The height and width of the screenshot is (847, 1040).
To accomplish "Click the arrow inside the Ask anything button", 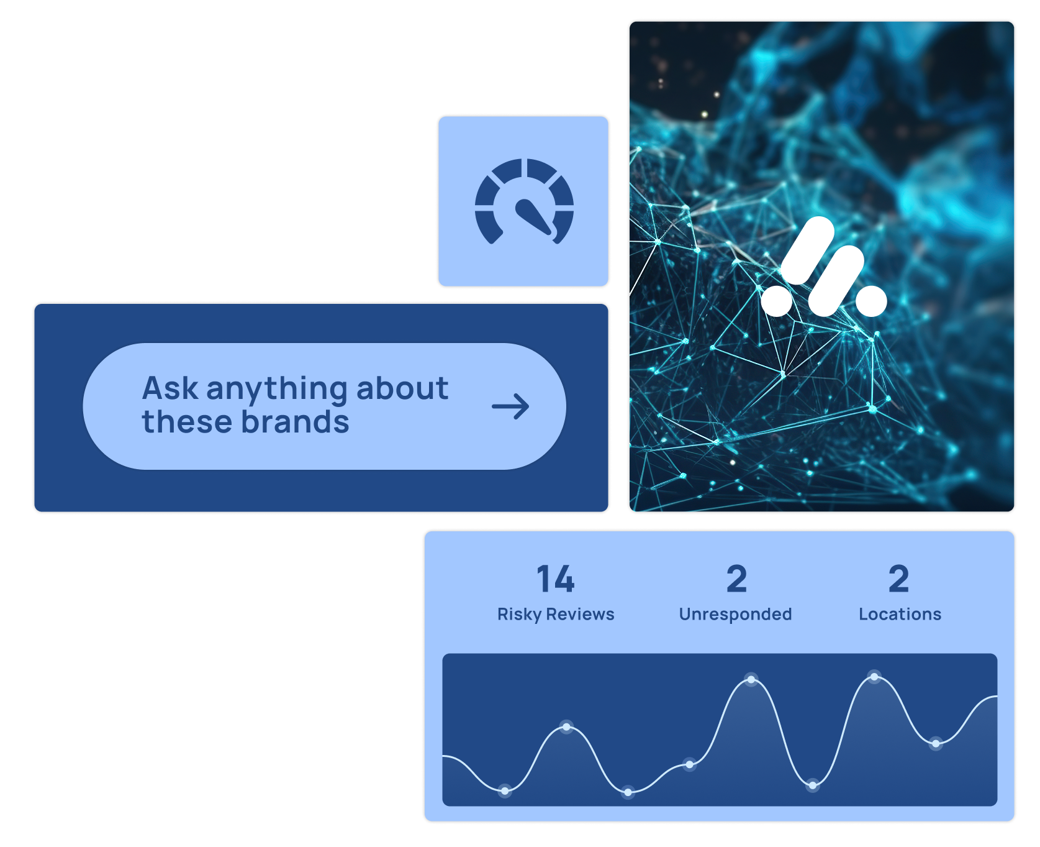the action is pyautogui.click(x=510, y=407).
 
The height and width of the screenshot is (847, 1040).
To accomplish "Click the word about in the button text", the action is pyautogui.click(x=402, y=388).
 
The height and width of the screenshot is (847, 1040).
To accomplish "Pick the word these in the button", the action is pyautogui.click(x=187, y=422).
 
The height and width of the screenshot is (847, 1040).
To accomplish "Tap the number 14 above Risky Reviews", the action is pyautogui.click(x=556, y=579).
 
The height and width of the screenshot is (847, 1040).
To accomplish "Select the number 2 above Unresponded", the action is pyautogui.click(x=736, y=579).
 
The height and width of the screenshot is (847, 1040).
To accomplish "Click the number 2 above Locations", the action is pyautogui.click(x=898, y=579).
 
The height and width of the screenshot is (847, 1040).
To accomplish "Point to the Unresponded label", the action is pyautogui.click(x=735, y=615).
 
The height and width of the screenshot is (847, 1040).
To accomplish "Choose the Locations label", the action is pyautogui.click(x=900, y=614).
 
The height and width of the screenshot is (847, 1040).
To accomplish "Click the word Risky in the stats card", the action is pyautogui.click(x=519, y=615).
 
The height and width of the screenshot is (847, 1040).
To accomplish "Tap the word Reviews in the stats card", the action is pyautogui.click(x=580, y=614).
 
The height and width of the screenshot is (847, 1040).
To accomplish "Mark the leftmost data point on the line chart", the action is pyautogui.click(x=505, y=791).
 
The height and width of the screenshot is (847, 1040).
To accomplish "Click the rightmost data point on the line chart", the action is pyautogui.click(x=936, y=743).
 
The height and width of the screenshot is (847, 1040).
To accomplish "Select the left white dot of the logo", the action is pyautogui.click(x=777, y=300).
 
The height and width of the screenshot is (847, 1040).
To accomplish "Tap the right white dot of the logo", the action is pyautogui.click(x=871, y=301).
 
